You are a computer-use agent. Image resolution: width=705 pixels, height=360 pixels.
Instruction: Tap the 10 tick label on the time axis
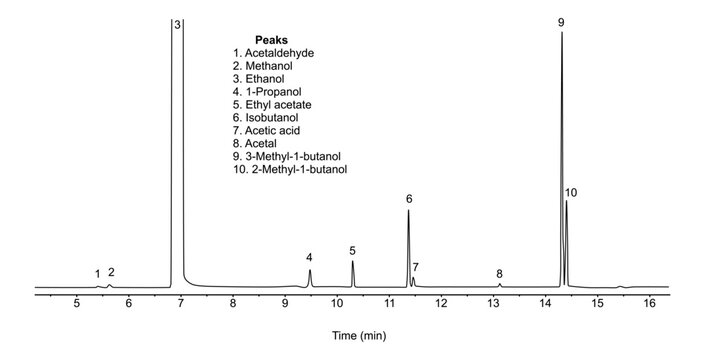(x=336, y=302)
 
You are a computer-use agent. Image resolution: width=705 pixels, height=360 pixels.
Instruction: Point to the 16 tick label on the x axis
(x=648, y=302)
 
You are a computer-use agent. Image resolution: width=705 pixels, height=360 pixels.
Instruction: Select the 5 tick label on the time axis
(x=76, y=302)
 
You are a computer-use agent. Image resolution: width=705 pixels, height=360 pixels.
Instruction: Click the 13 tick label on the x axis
(x=492, y=302)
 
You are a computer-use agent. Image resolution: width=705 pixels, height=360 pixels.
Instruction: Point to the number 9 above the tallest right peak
(x=561, y=21)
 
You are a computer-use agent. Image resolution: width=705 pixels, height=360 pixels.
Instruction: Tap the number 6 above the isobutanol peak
(x=409, y=199)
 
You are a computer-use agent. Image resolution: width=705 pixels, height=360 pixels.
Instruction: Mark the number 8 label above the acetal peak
(x=499, y=273)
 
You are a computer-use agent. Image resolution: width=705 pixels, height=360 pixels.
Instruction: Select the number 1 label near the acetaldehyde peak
(x=97, y=273)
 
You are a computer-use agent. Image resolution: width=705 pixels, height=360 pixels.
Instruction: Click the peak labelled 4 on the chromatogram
(x=310, y=277)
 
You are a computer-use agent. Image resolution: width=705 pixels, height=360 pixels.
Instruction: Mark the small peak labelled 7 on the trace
(x=413, y=281)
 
